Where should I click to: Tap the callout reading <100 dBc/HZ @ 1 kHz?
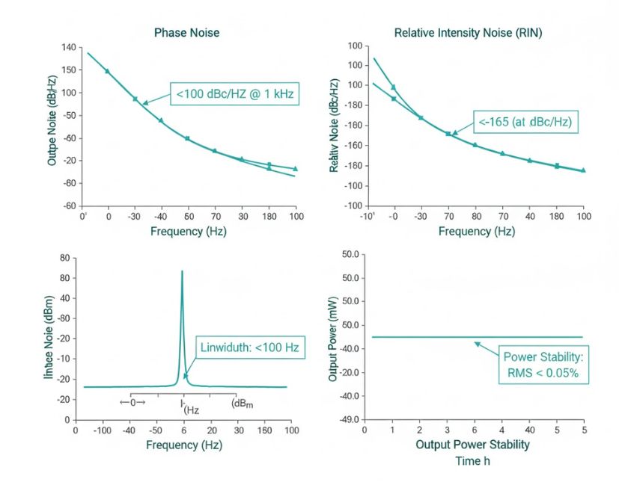[234, 94]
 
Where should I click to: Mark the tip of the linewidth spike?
[182, 271]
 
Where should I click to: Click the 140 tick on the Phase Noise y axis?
[68, 47]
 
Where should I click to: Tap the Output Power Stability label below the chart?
[473, 445]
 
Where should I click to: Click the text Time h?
[473, 461]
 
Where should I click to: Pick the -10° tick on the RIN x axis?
[367, 216]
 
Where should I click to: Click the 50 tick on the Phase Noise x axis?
[189, 216]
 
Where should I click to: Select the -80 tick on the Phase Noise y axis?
[68, 183]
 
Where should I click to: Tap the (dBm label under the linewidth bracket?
[243, 404]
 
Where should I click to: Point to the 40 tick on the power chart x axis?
[528, 431]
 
